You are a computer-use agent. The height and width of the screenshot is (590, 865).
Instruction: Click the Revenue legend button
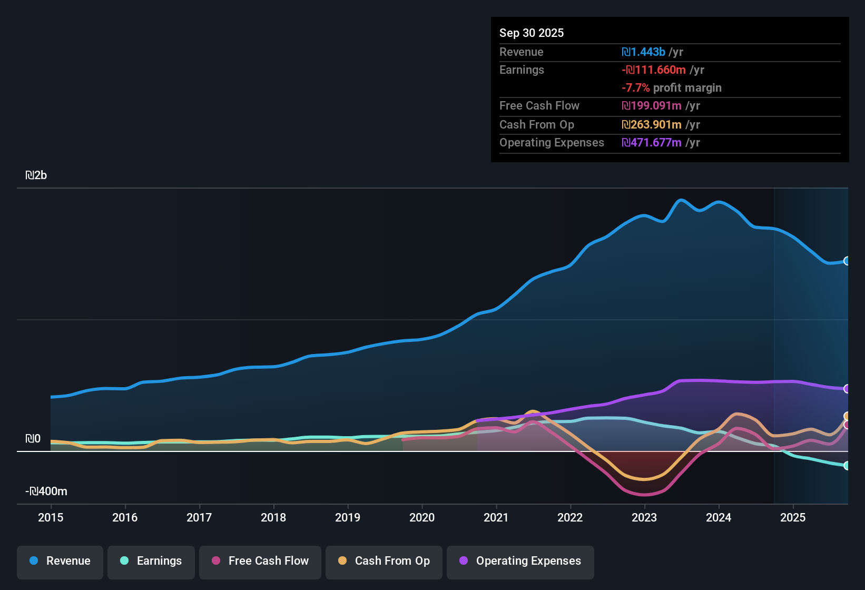click(x=60, y=561)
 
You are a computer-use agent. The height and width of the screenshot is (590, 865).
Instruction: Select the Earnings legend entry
click(x=151, y=561)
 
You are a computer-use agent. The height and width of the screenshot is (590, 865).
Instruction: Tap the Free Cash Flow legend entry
click(x=260, y=561)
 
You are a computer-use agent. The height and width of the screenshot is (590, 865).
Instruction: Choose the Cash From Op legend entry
click(x=384, y=561)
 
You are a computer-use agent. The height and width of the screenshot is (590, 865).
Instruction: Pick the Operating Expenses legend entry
click(x=520, y=561)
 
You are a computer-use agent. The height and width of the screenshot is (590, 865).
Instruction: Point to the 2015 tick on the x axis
click(x=51, y=517)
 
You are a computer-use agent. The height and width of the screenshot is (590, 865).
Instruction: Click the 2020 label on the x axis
click(x=422, y=517)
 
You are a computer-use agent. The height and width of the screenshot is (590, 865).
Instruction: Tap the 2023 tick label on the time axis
click(x=644, y=517)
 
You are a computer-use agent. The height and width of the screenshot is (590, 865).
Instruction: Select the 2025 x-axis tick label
click(x=793, y=517)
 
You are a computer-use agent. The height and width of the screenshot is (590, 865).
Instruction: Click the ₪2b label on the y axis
click(x=36, y=175)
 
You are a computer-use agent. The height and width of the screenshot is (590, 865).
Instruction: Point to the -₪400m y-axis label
click(x=46, y=491)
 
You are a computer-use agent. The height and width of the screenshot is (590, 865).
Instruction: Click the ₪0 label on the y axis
click(x=33, y=439)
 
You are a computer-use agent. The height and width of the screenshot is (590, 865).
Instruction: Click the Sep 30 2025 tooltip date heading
click(x=532, y=33)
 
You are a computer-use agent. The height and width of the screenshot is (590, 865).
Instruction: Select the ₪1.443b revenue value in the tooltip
click(x=643, y=52)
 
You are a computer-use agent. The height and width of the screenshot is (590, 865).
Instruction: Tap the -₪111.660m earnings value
click(x=654, y=70)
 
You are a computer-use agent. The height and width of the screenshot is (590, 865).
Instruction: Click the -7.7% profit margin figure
click(x=636, y=88)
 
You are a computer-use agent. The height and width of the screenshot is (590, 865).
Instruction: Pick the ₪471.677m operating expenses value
click(x=652, y=143)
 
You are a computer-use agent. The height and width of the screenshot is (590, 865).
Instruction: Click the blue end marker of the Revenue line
click(x=847, y=261)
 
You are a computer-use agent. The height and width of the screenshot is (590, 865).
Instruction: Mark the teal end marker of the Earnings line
click(x=847, y=466)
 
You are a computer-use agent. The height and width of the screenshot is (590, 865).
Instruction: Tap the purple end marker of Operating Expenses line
click(x=847, y=389)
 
